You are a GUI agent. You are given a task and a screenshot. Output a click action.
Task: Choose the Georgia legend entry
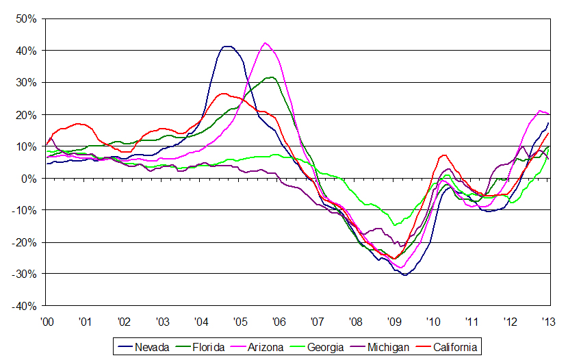tap(322, 347)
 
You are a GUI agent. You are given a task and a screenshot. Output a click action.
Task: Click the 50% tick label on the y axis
tap(27, 18)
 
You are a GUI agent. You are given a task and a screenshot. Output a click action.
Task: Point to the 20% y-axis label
tap(27, 114)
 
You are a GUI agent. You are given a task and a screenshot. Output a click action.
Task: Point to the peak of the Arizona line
tap(266, 43)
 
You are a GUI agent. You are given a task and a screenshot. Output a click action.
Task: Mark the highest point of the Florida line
tap(272, 77)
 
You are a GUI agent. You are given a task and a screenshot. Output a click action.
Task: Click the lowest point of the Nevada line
tap(405, 274)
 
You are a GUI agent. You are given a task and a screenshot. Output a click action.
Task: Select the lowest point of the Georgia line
tap(394, 224)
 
